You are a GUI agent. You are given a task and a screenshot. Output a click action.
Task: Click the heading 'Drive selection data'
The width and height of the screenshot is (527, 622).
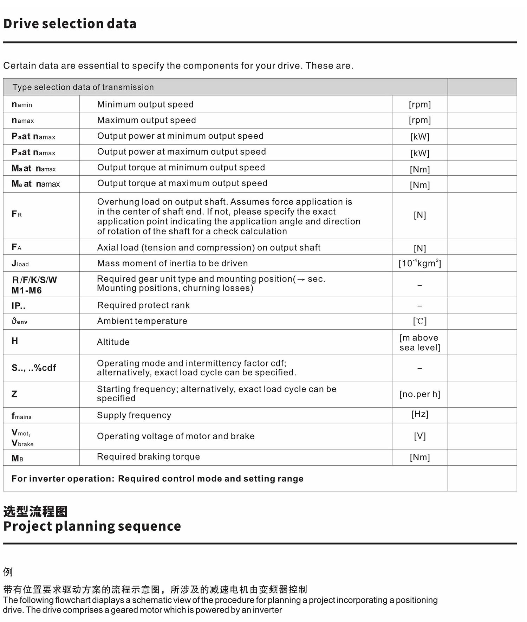[x=70, y=24]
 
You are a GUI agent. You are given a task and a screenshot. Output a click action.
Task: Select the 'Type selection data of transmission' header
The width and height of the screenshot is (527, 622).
[x=83, y=87]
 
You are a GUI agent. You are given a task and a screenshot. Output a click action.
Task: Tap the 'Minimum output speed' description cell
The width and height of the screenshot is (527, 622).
[x=145, y=104]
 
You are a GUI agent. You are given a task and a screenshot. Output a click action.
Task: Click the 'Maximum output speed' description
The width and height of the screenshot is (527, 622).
[x=147, y=120]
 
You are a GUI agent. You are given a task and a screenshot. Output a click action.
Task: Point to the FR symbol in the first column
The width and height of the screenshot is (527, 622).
[x=17, y=214]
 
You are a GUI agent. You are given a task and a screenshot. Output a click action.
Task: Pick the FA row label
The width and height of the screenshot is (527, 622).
[x=17, y=247]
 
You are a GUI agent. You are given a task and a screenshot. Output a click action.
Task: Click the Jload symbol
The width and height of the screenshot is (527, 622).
[x=20, y=263]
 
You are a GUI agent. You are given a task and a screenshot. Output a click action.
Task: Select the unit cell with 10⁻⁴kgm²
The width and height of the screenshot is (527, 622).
[x=419, y=263]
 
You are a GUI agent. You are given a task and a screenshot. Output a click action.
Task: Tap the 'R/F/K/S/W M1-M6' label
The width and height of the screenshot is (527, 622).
[x=34, y=285]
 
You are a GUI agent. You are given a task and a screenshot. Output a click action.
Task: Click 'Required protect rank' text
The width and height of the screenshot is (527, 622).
[x=143, y=305]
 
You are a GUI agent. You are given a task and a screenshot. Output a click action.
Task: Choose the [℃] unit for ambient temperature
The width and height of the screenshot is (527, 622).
[x=419, y=321]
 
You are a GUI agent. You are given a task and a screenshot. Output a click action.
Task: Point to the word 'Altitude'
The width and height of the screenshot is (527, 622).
[x=113, y=342]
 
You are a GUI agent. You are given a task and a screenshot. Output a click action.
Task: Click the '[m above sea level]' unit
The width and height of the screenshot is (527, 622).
[x=419, y=343]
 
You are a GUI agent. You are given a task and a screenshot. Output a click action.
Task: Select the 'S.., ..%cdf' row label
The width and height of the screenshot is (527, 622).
[x=34, y=368]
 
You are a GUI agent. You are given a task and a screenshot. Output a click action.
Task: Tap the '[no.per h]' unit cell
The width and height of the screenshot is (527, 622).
[x=419, y=394]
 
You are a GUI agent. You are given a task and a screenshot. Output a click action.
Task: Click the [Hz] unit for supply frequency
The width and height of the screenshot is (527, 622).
[x=419, y=414]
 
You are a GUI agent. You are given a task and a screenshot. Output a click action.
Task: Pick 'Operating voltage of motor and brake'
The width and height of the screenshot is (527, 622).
[x=176, y=436]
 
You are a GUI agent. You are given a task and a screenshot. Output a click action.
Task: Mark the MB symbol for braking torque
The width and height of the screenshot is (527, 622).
[x=17, y=458]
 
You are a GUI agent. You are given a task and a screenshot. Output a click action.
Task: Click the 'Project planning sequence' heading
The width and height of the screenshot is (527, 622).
[x=92, y=526]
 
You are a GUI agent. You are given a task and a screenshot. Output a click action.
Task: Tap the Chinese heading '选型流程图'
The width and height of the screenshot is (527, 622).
[x=35, y=511]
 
